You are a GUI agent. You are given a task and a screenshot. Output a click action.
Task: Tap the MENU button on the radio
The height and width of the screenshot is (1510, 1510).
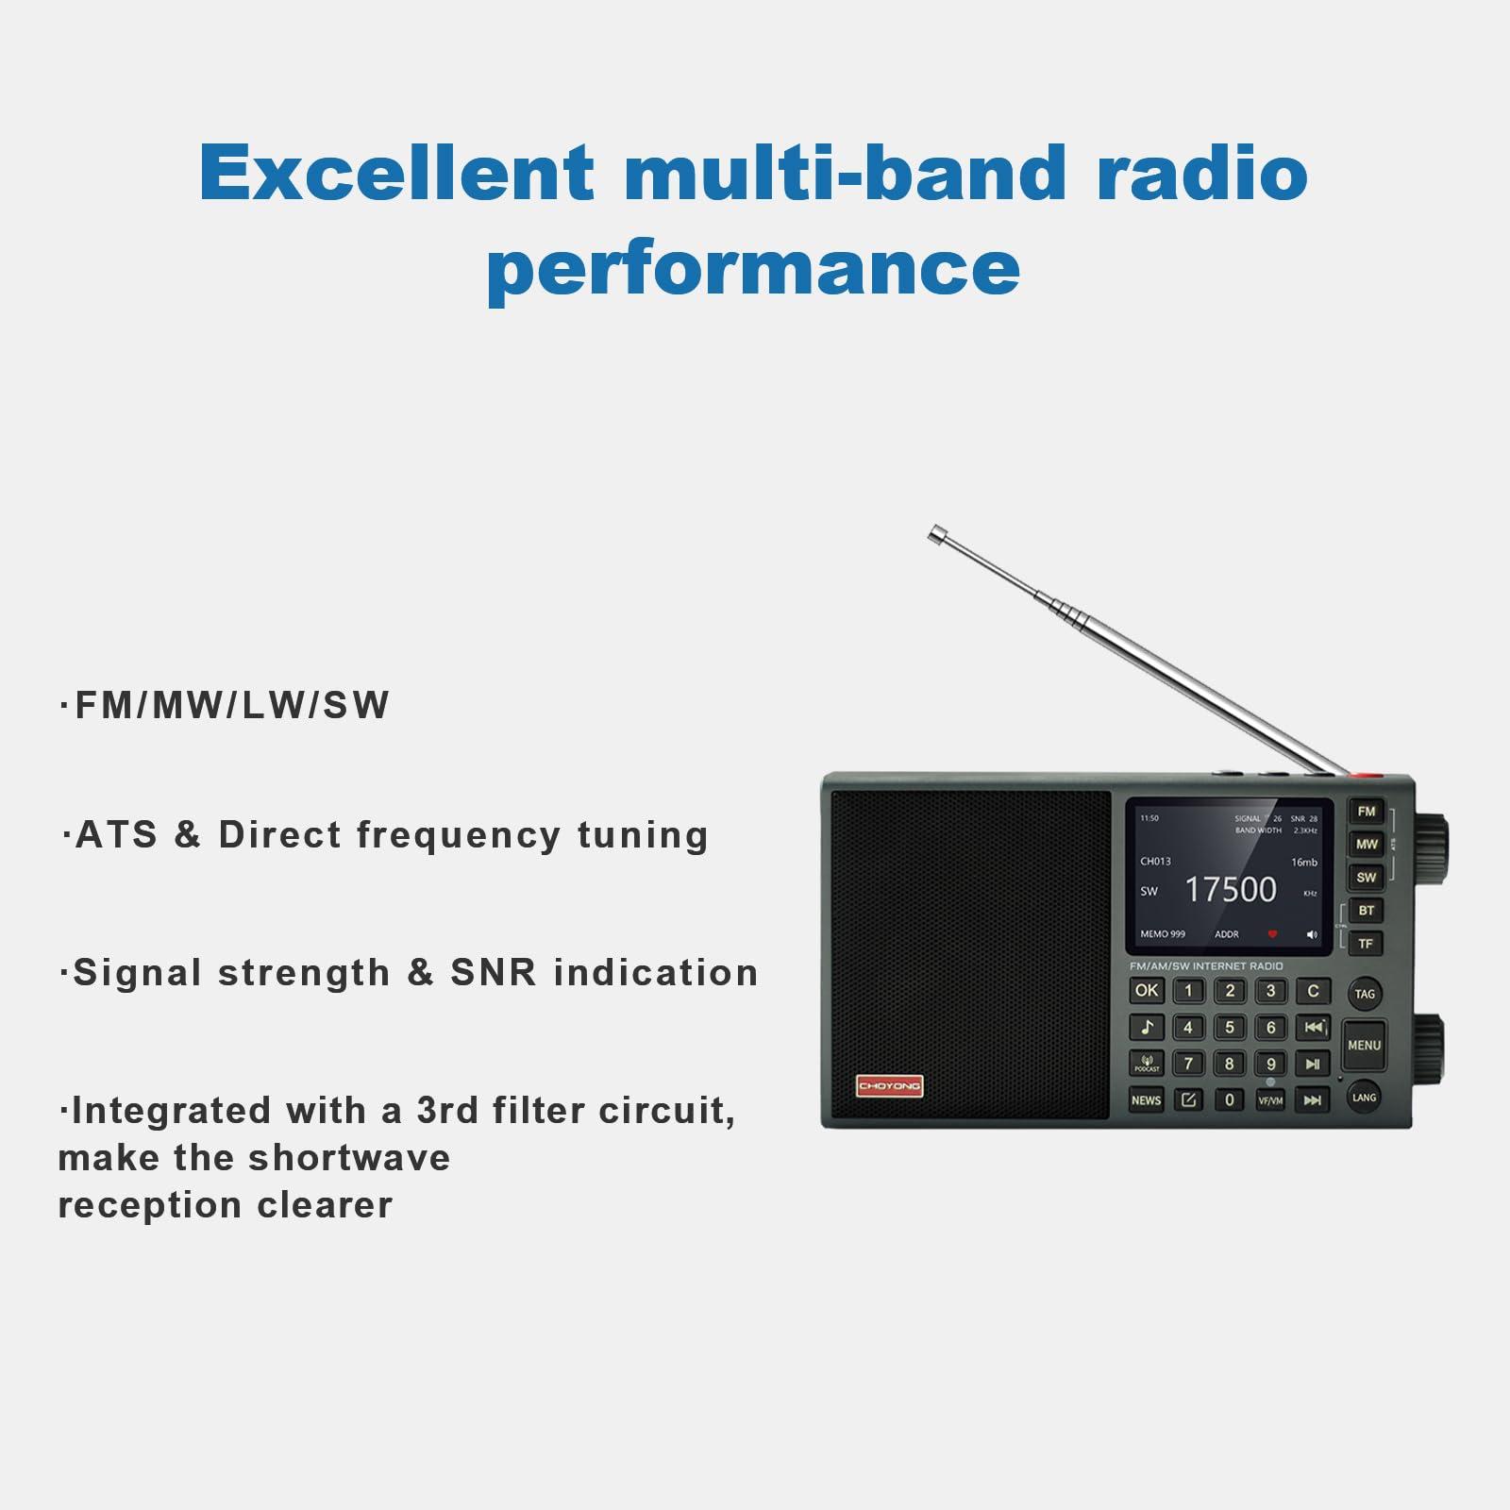[x=1364, y=1045]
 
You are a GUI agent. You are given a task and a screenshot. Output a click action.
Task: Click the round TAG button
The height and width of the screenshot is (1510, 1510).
[x=1365, y=994]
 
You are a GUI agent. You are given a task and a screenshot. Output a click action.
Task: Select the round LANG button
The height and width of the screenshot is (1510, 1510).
[x=1364, y=1097]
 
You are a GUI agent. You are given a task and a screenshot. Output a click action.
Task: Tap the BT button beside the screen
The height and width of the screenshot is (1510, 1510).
[x=1366, y=911]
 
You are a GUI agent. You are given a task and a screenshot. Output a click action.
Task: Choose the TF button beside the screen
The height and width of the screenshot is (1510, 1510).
[x=1366, y=944]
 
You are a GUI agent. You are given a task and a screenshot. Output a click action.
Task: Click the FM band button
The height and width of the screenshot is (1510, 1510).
[x=1366, y=812]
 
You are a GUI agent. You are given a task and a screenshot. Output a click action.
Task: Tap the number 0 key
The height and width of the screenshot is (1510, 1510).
[x=1229, y=1099]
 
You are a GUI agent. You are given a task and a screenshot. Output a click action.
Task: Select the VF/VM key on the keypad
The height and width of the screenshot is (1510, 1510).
[x=1270, y=1099]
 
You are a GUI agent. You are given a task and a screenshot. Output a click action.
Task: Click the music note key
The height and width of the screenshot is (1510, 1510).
[x=1147, y=1027]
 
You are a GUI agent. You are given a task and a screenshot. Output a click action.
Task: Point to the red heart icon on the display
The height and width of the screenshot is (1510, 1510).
[x=1272, y=934]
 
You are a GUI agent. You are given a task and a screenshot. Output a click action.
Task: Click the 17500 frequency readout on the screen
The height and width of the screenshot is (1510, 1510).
[x=1230, y=889]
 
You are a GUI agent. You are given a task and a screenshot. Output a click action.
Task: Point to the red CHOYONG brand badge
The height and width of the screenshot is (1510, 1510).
[x=889, y=1086]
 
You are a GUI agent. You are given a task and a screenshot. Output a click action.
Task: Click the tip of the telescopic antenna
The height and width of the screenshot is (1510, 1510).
[x=936, y=534]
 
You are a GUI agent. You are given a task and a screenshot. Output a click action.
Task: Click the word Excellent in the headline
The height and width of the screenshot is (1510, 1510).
[x=396, y=174]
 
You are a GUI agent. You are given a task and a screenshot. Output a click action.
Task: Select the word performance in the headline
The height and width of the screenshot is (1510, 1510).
[x=753, y=268]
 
